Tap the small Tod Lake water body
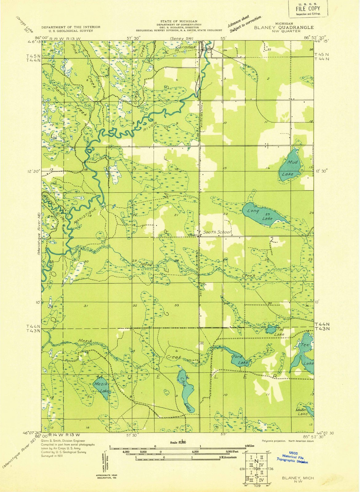coord(271,329)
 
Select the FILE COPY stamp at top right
coord(308,9)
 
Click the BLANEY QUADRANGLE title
coord(284,27)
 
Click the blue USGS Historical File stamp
coord(292,458)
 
